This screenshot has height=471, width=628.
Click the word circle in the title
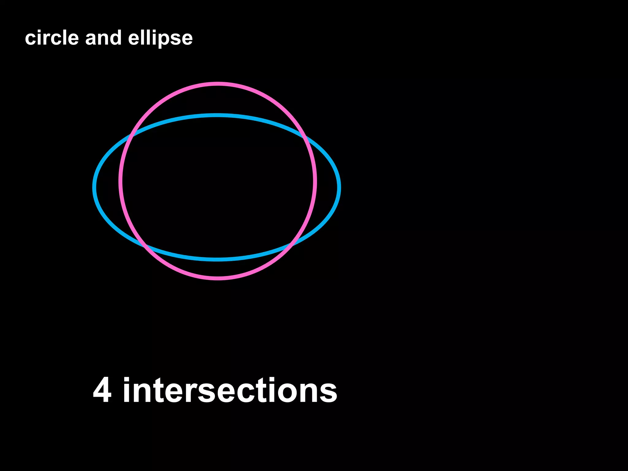click(x=52, y=38)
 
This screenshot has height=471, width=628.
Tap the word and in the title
click(x=103, y=38)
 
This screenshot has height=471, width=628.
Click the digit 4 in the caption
click(x=102, y=390)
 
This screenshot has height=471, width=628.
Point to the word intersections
click(x=230, y=390)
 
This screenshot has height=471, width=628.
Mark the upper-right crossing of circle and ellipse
click(x=304, y=136)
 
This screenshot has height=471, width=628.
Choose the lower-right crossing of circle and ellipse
click(x=291, y=245)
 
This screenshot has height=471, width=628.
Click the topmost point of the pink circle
click(x=218, y=84)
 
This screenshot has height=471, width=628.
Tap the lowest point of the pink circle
click(x=218, y=278)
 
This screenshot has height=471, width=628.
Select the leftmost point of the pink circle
click(x=121, y=181)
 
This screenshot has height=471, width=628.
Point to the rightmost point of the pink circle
click(x=315, y=181)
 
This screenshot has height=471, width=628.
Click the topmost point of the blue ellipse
click(x=217, y=115)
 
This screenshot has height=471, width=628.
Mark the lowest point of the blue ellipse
click(x=217, y=259)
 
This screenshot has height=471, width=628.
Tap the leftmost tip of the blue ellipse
click(x=94, y=187)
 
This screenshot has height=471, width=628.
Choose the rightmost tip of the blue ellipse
click(x=339, y=187)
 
